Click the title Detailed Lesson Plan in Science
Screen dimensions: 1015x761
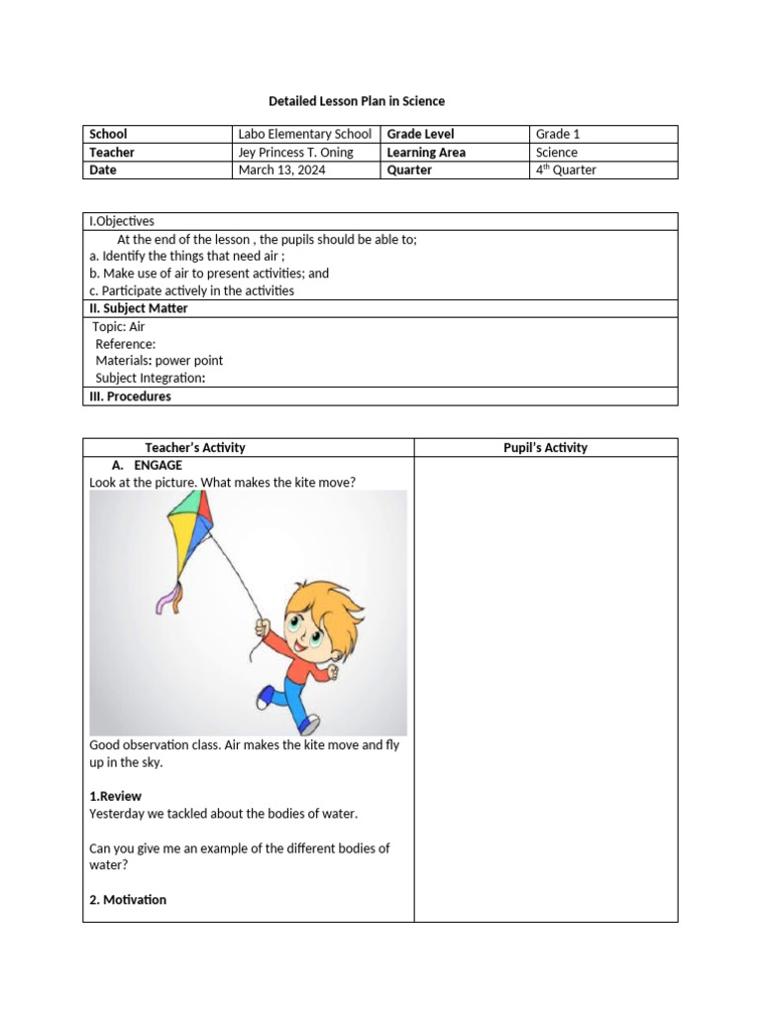357,101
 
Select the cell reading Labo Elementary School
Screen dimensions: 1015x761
304,134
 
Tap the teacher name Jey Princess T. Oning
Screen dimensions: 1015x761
296,153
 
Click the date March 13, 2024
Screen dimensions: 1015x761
281,170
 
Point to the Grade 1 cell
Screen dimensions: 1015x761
558,134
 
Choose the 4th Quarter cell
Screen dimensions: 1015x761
566,170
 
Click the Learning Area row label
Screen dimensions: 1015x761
426,153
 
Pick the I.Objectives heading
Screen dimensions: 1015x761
122,222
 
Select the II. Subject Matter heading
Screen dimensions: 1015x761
139,308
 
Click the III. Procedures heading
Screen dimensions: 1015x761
130,396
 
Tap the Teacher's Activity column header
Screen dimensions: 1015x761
195,448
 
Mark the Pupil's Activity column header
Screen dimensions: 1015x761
545,448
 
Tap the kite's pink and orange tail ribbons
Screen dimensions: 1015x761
168,598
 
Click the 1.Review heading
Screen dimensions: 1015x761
116,796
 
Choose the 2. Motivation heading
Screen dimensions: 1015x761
128,900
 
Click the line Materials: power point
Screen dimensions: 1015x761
159,361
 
